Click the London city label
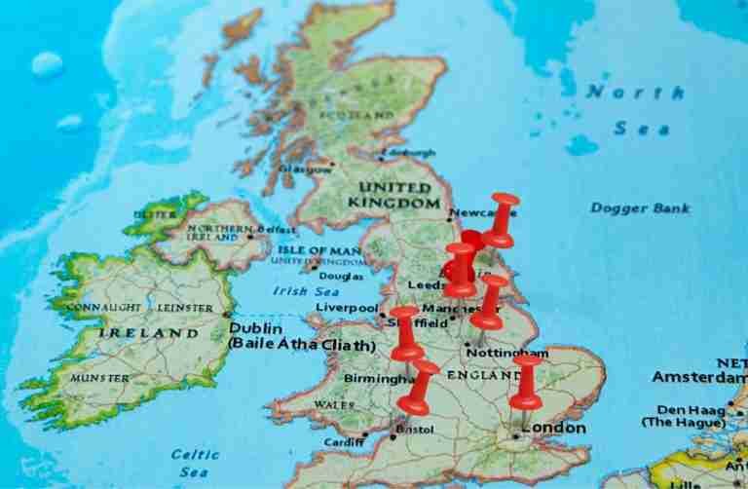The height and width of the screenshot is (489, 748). pos(555,428)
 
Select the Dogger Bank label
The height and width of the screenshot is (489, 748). pos(640,207)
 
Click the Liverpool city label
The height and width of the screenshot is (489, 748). pos(346,308)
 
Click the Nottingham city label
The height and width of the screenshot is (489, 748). pos(506,352)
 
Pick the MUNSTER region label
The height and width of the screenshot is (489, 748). pos(98,377)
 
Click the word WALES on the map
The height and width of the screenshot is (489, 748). pos(334,404)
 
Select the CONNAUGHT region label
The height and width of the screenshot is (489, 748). pos(106,308)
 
